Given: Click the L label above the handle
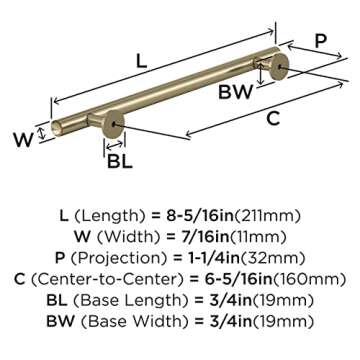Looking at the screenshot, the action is point(141,61).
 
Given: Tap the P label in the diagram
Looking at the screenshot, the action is point(321,42).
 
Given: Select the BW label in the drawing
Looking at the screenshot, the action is point(235,92).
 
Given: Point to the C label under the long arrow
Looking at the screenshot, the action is point(273,119).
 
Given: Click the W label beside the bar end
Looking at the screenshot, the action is point(24,140).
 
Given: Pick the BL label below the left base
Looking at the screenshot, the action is point(120,162).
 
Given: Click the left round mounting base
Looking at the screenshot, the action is point(114,124).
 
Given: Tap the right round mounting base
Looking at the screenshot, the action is point(279,67).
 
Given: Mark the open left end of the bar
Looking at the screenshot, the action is point(56,128).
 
